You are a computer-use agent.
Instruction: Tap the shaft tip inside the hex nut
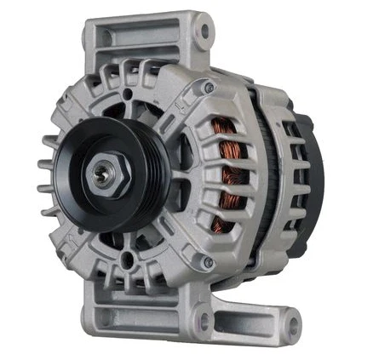tap(100, 174)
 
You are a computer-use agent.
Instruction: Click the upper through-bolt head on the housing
tap(209, 87)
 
